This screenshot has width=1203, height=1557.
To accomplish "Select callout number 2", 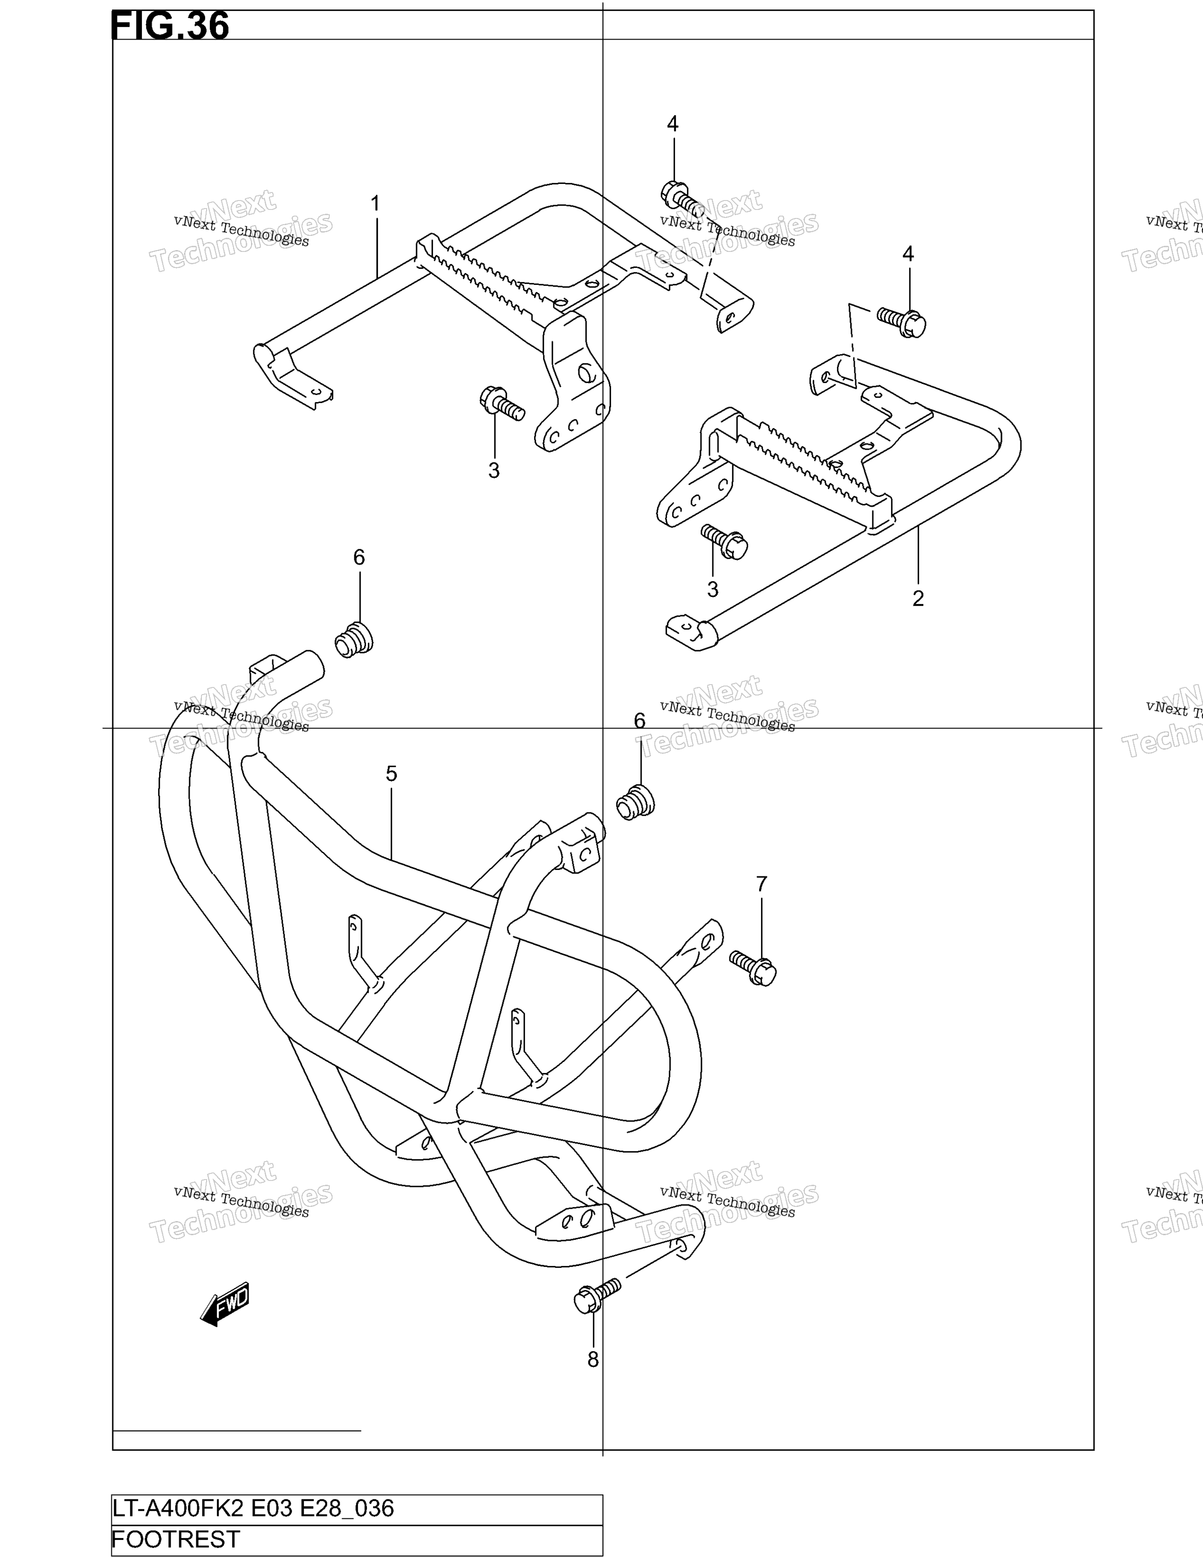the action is coord(918,598).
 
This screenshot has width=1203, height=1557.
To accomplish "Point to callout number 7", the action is coord(761,884).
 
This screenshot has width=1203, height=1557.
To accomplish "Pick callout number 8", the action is coord(593,1360).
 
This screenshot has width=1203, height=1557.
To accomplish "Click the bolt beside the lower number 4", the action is coord(902,321).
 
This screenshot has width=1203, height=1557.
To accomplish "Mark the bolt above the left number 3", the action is coord(502,403).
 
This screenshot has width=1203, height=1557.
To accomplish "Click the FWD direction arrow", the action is coord(225,1304).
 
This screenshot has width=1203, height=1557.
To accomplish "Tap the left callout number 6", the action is coord(359,558).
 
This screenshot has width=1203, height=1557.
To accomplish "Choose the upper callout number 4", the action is coord(673,124).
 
